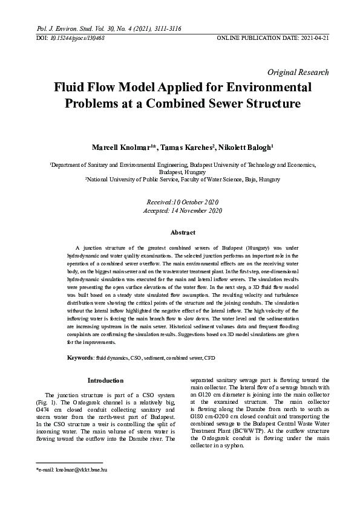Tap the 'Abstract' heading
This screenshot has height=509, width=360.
(183, 233)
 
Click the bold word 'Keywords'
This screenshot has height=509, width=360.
(80, 358)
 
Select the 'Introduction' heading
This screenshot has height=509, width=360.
(105, 380)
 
